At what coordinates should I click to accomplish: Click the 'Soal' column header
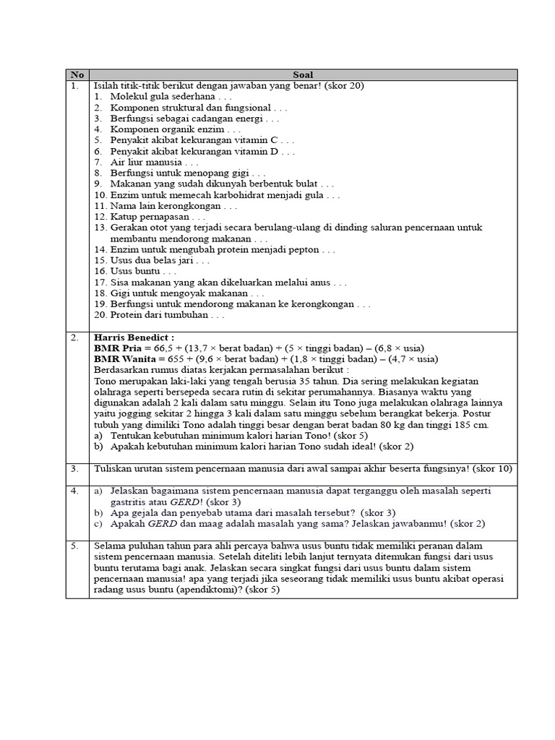tap(303, 74)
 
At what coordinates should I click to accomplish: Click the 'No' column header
tap(77, 74)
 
